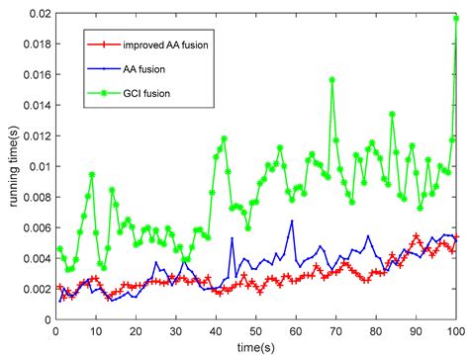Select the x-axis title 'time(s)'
tap(255, 350)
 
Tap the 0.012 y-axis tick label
tap(33, 135)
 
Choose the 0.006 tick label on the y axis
tap(33, 227)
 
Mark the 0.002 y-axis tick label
tap(33, 289)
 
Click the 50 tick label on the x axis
tap(255, 332)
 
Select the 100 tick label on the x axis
tap(455, 332)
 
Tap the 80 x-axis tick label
tap(375, 332)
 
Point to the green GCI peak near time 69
tap(331, 80)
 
